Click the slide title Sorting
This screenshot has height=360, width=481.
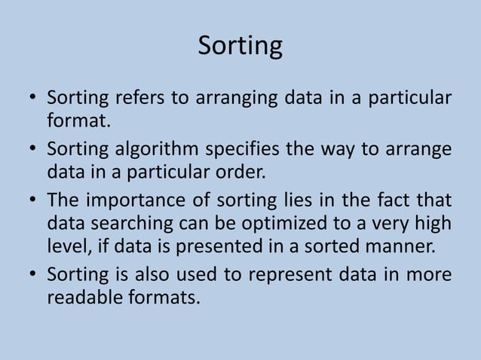point(240,46)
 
